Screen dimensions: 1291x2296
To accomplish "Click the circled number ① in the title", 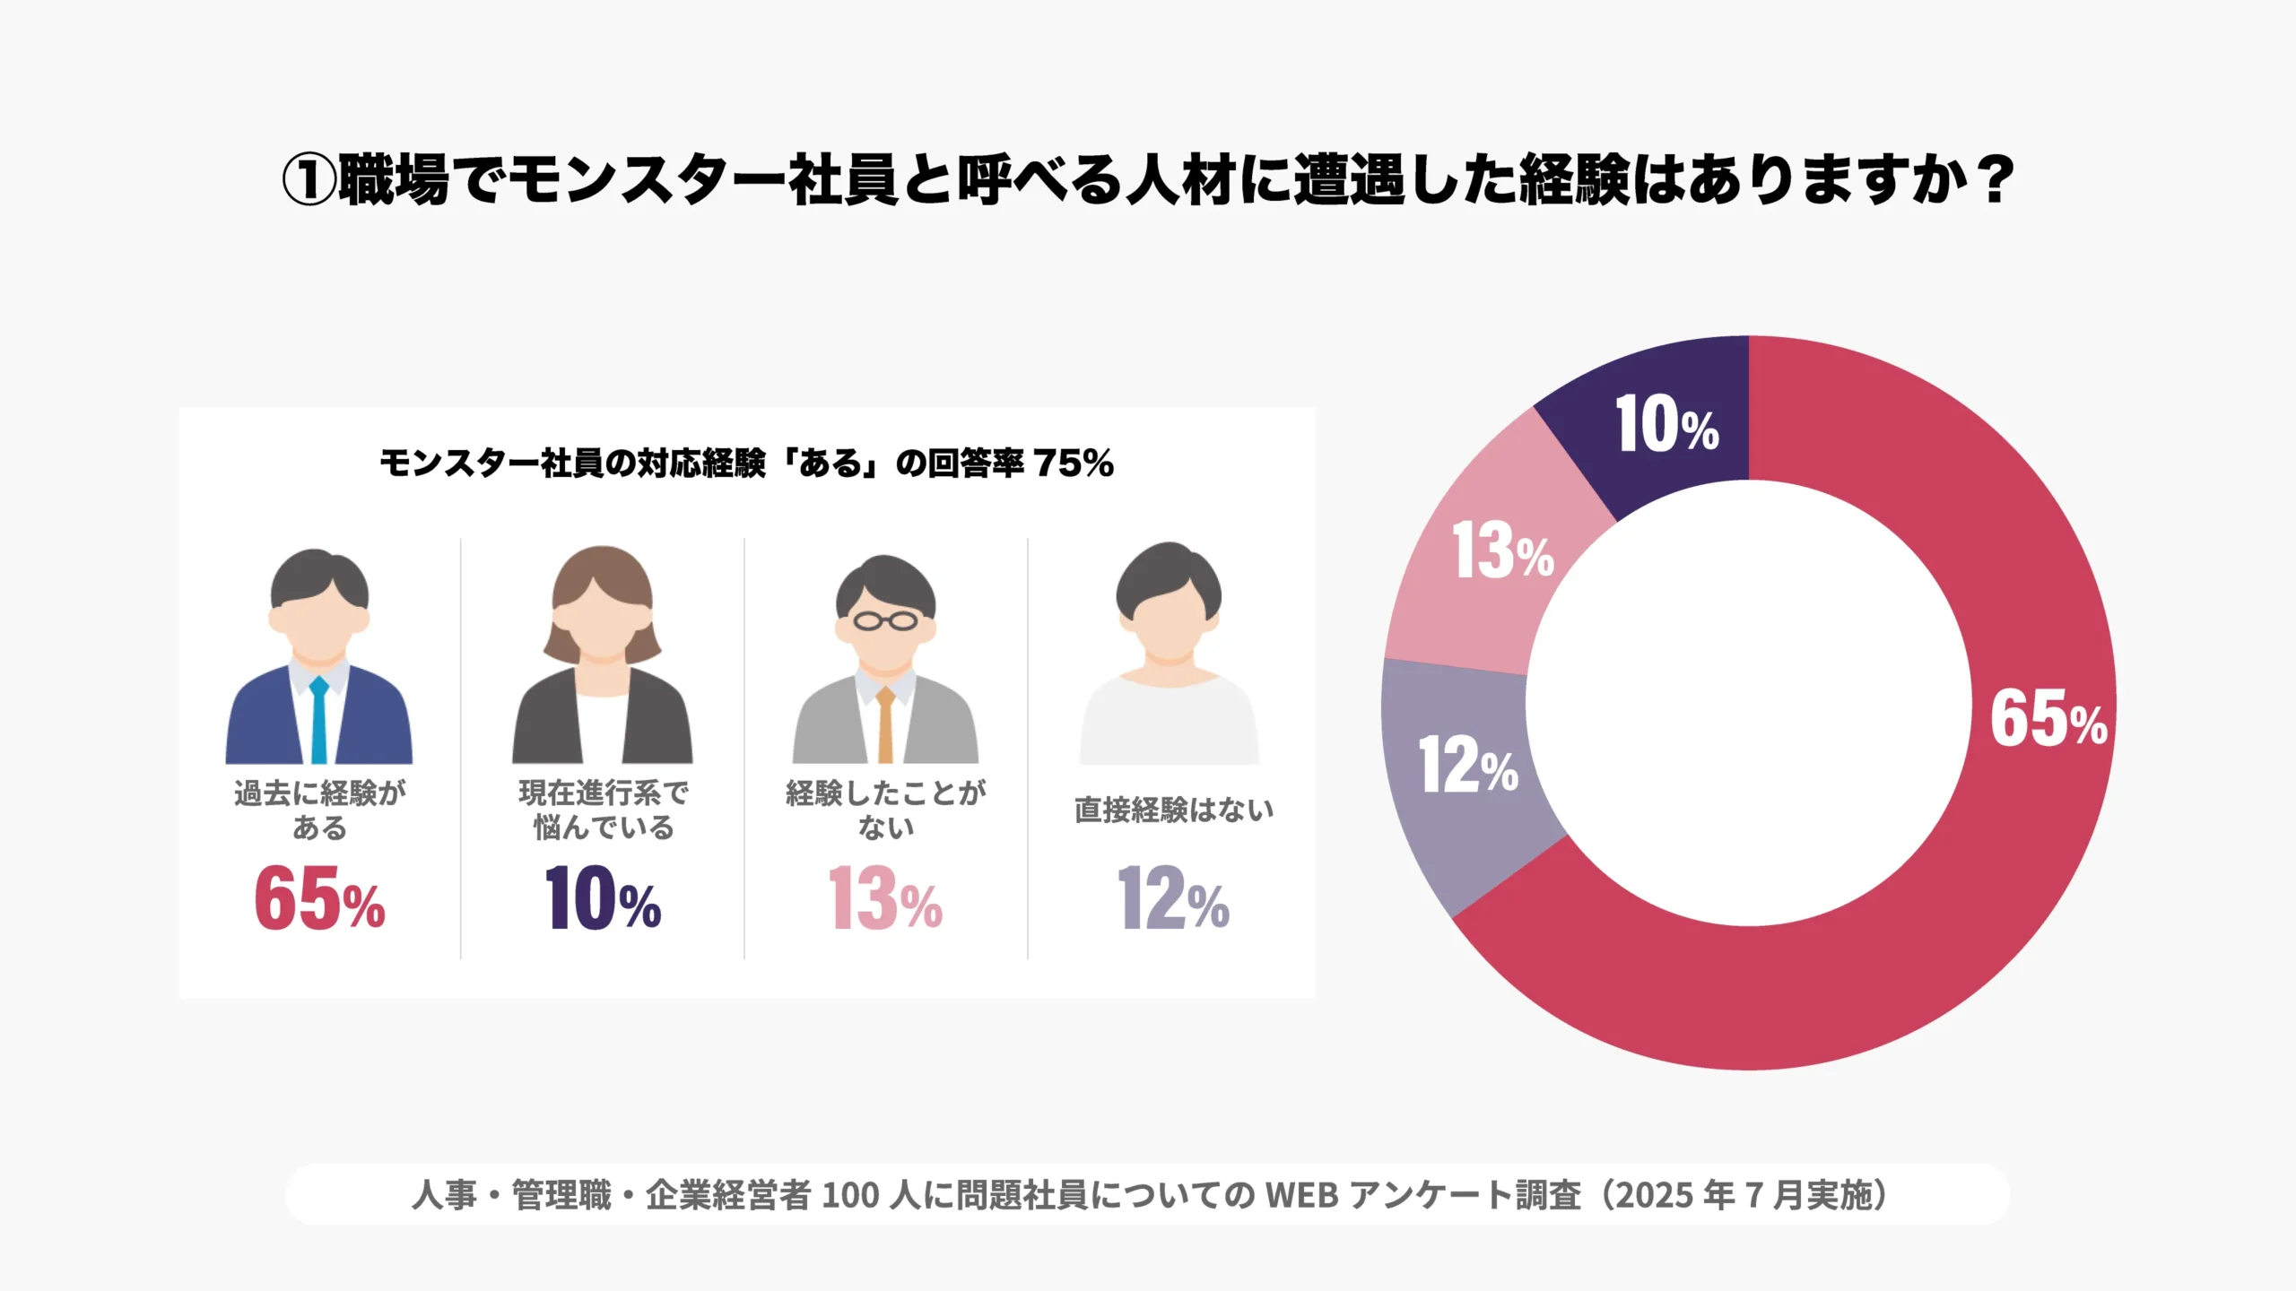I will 309,180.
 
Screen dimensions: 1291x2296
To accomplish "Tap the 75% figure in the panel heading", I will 1074,464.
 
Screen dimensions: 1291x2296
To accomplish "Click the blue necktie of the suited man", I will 318,721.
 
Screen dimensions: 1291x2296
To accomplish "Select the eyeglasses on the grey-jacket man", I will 885,620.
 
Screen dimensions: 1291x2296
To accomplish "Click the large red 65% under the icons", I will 319,899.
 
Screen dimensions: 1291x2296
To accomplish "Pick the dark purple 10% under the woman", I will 603,899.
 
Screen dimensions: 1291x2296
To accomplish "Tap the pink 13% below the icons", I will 885,899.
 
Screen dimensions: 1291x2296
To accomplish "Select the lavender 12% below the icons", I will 1172,899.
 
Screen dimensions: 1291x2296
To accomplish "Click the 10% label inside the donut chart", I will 1666,425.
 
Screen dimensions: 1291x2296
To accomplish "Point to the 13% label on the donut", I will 1502,551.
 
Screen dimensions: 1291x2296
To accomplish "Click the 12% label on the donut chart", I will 1468,767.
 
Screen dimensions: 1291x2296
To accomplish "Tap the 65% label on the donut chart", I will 2048,720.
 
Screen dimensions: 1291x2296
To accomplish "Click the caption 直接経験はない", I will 1173,810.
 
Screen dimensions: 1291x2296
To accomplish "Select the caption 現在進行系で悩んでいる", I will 603,810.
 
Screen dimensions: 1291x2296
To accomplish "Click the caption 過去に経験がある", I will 319,810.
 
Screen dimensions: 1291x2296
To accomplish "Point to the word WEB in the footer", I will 1301,1195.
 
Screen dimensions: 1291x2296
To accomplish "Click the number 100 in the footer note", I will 849,1195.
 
